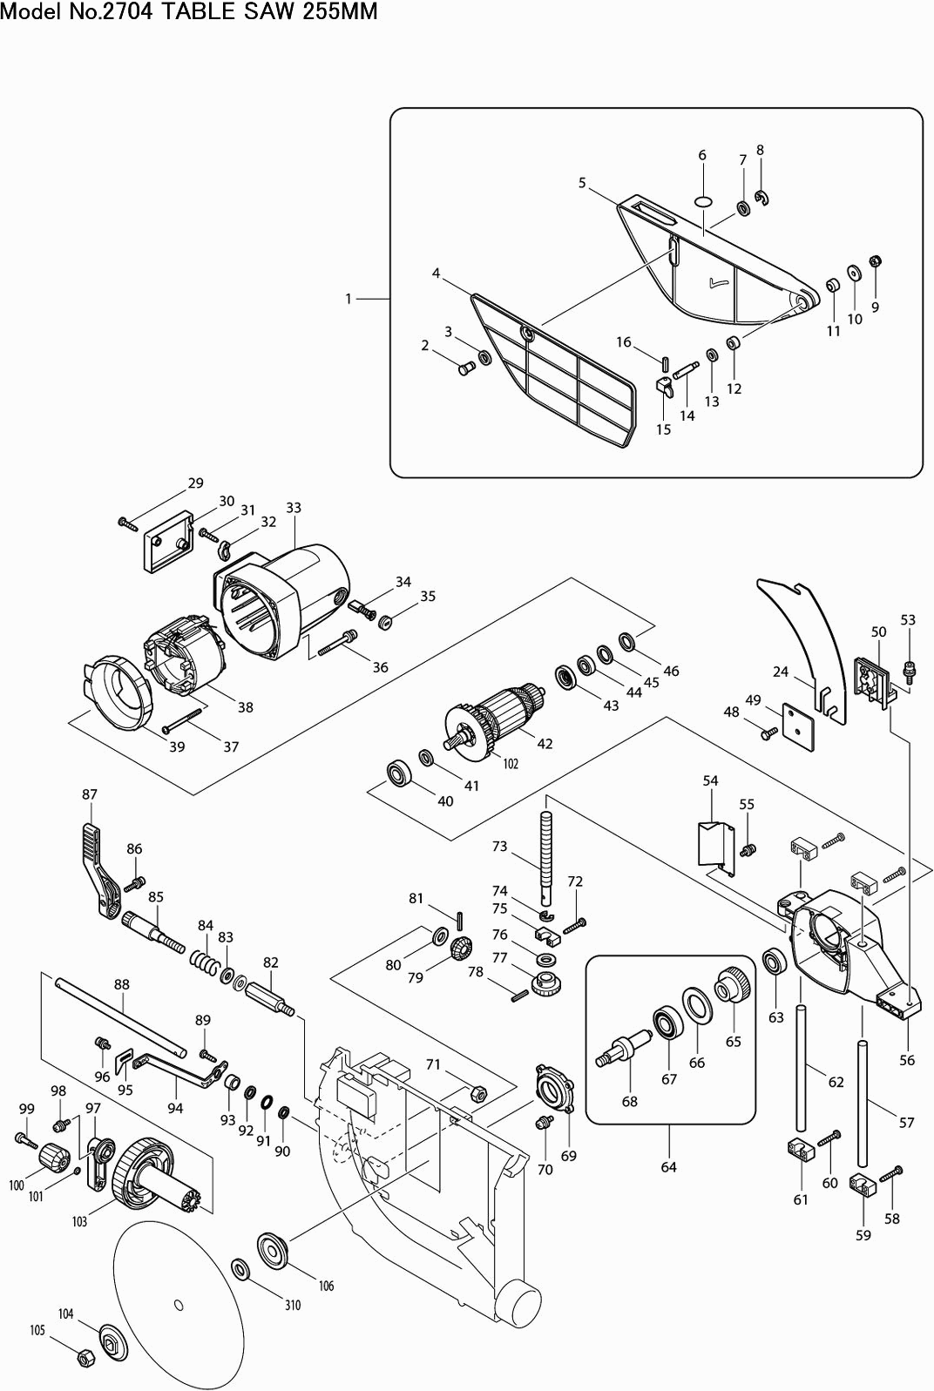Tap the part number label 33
[294, 508]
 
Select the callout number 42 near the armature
[545, 744]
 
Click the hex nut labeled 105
[85, 1357]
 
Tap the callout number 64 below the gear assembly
[668, 1167]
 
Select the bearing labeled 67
[668, 1023]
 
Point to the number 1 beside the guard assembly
[349, 299]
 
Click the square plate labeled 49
[798, 726]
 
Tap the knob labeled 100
[54, 1158]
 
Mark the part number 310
[293, 1305]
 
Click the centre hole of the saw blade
[179, 1304]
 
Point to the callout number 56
[907, 1060]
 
